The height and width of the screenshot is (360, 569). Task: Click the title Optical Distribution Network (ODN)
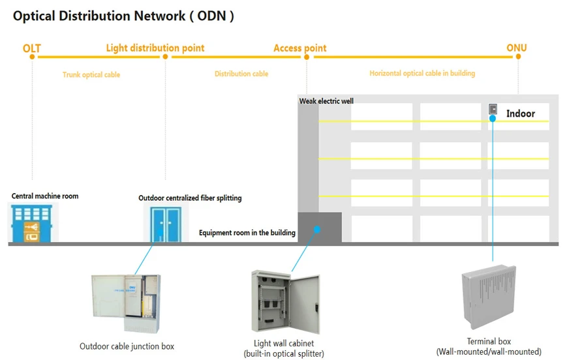123,16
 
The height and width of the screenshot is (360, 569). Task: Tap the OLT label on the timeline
31,48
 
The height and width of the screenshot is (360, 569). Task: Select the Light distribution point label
155,48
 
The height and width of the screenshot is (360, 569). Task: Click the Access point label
300,48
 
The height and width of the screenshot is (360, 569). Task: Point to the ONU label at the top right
516,48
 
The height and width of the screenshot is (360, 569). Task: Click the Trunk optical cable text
91,75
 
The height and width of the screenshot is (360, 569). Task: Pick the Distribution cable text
241,74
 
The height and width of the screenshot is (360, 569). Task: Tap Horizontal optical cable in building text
422,74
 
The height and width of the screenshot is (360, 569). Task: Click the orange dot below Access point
306,57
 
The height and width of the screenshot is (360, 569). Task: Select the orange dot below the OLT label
31,57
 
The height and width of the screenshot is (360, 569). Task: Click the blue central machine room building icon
33,222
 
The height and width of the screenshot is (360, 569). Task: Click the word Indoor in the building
520,113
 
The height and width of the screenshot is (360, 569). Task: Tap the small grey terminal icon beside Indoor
493,109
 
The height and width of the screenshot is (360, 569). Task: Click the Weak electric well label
326,101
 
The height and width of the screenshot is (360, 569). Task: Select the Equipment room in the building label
247,233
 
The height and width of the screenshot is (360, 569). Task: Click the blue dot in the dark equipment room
317,229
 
